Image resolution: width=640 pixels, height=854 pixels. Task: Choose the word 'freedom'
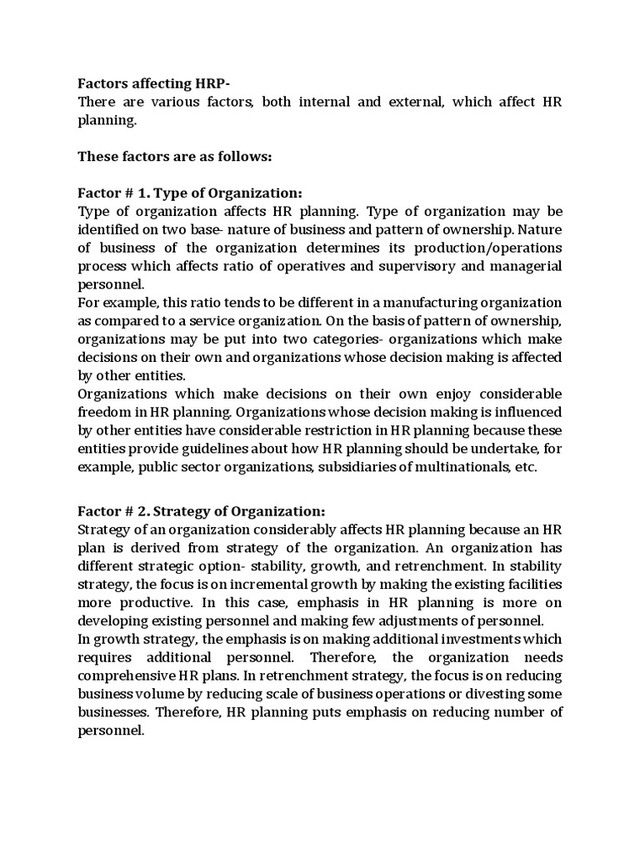pyautogui.click(x=106, y=411)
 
